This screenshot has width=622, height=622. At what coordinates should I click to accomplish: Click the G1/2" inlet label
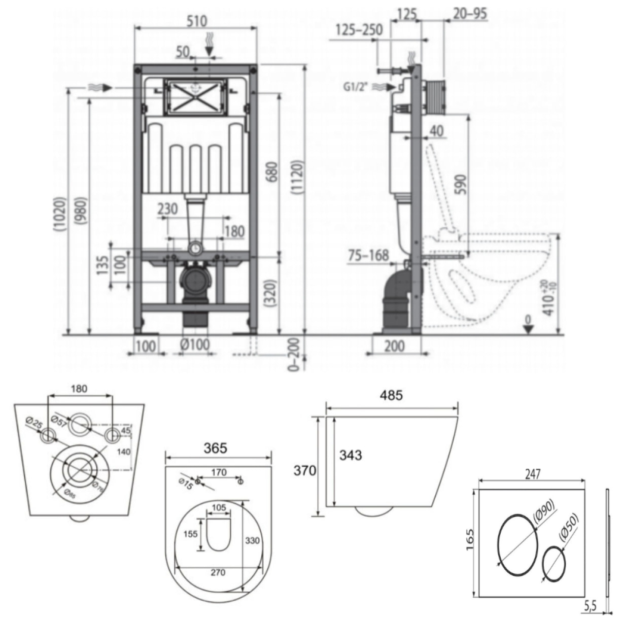pos(357,87)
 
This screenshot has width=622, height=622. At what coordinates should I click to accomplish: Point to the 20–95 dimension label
pos(470,14)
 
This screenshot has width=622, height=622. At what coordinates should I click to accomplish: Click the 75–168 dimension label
pos(368,254)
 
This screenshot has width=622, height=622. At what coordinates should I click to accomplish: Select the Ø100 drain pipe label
pos(195,345)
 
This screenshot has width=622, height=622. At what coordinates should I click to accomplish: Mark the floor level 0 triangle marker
pos(528,328)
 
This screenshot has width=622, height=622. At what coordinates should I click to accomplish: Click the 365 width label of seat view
pos(216,448)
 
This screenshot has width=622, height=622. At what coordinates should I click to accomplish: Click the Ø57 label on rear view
pos(60,421)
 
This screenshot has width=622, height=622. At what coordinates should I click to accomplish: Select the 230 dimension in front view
pos(167,209)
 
